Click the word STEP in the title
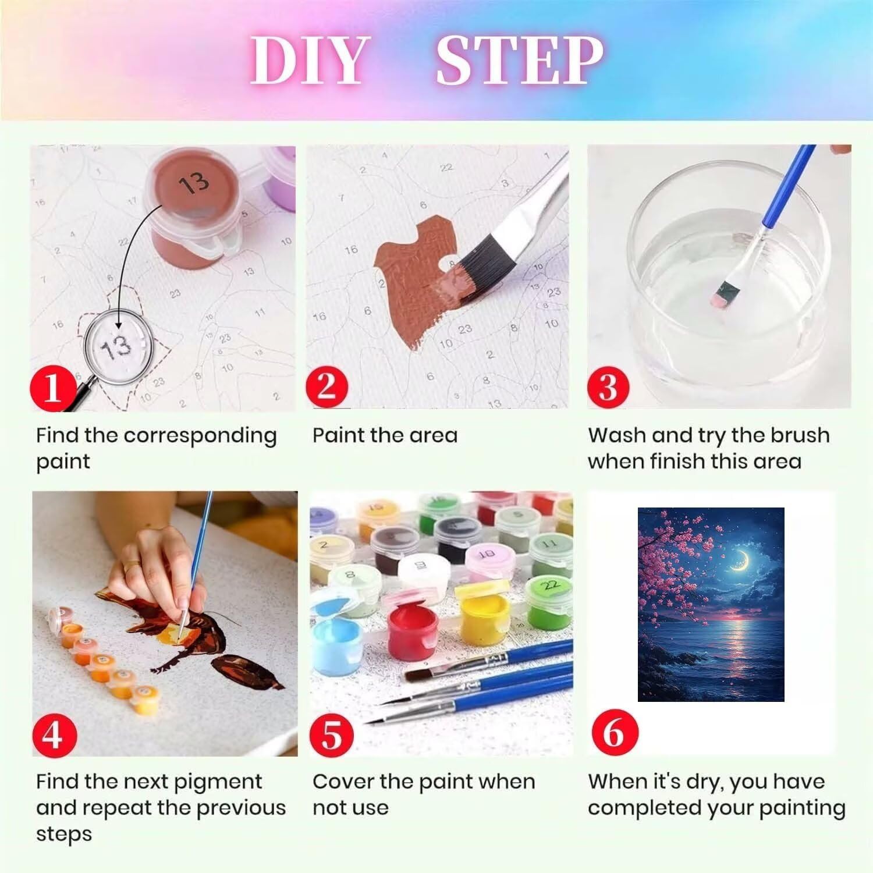click(x=519, y=61)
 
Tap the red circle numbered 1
click(x=53, y=387)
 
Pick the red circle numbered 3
click(x=608, y=386)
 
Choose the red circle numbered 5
click(x=331, y=734)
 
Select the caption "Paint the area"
click(x=385, y=435)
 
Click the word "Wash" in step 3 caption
click(x=616, y=435)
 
